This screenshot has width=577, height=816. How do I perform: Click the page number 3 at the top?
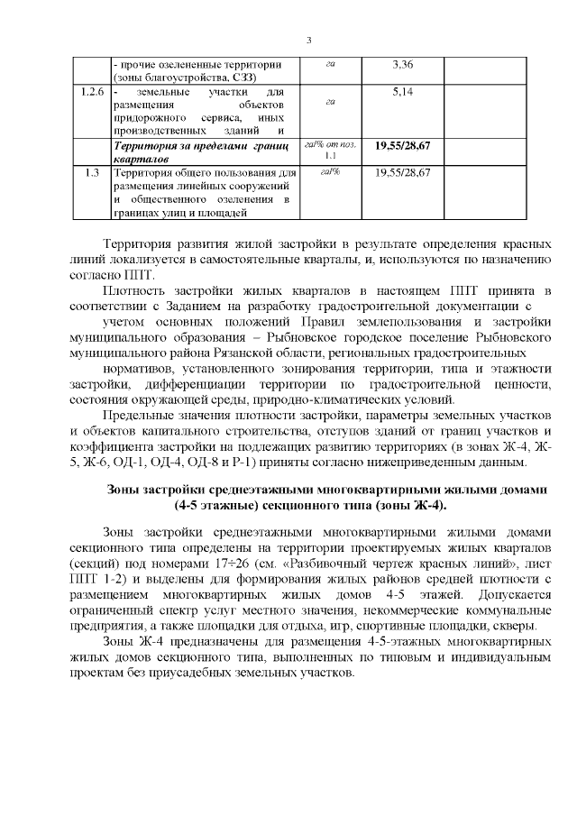click(309, 41)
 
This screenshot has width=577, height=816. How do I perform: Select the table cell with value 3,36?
click(402, 65)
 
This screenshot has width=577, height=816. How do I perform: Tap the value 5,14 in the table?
click(402, 92)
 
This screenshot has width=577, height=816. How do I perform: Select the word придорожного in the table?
click(149, 118)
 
